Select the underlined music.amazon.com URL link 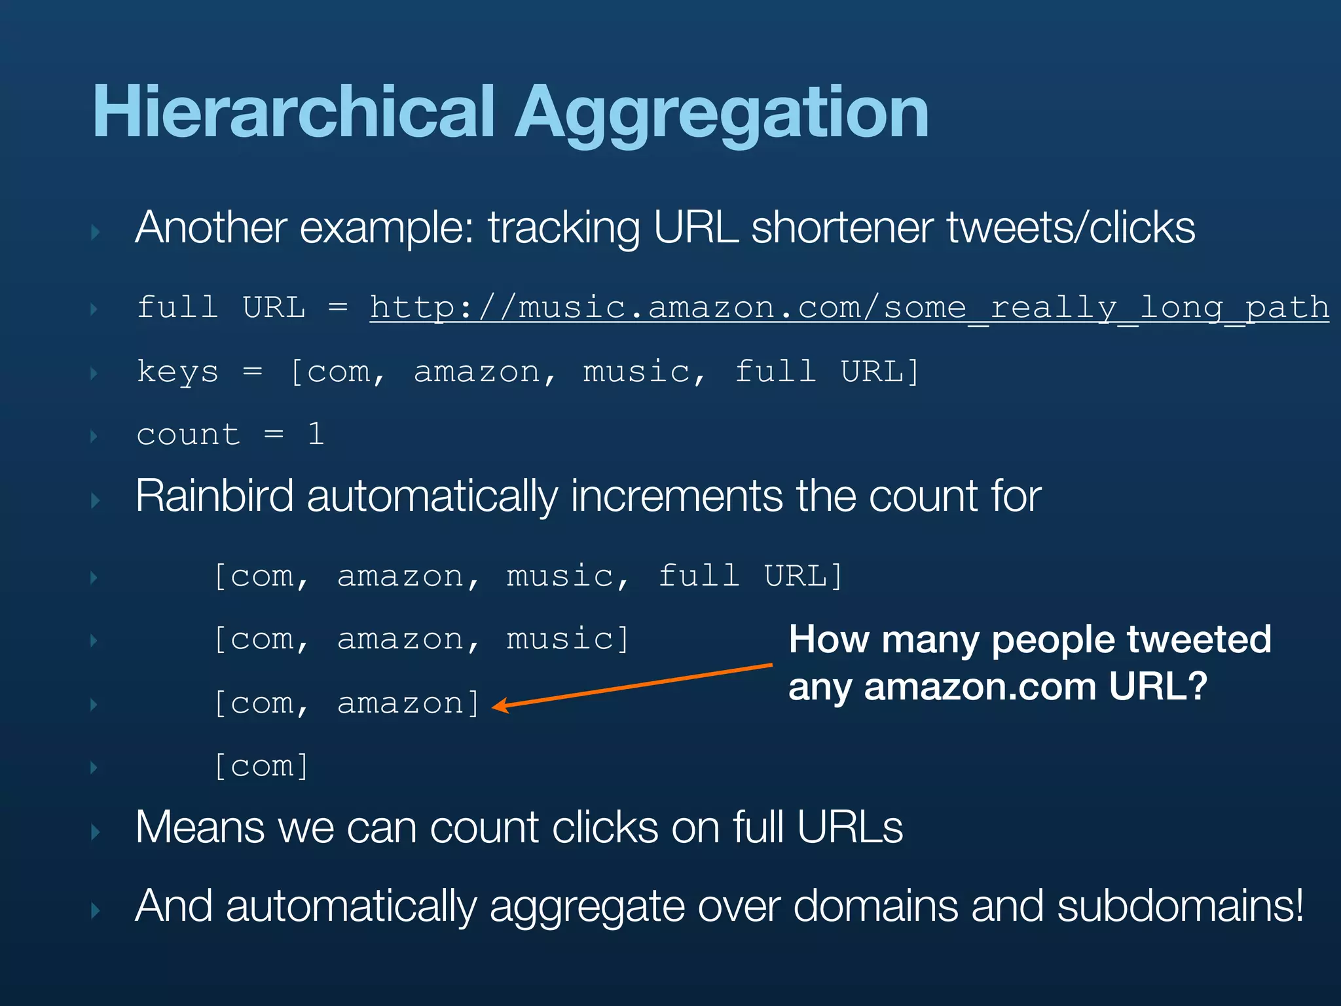pos(849,308)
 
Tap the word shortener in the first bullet pos(842,228)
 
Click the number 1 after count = pos(316,434)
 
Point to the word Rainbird pos(214,496)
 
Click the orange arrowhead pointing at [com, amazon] pos(498,705)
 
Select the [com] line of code pos(261,766)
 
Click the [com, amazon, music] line pos(421,639)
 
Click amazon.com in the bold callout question pos(980,687)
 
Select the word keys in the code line pos(177,372)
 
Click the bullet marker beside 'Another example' pos(96,232)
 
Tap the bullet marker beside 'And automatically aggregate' pos(96,910)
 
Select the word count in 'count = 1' pos(188,435)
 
